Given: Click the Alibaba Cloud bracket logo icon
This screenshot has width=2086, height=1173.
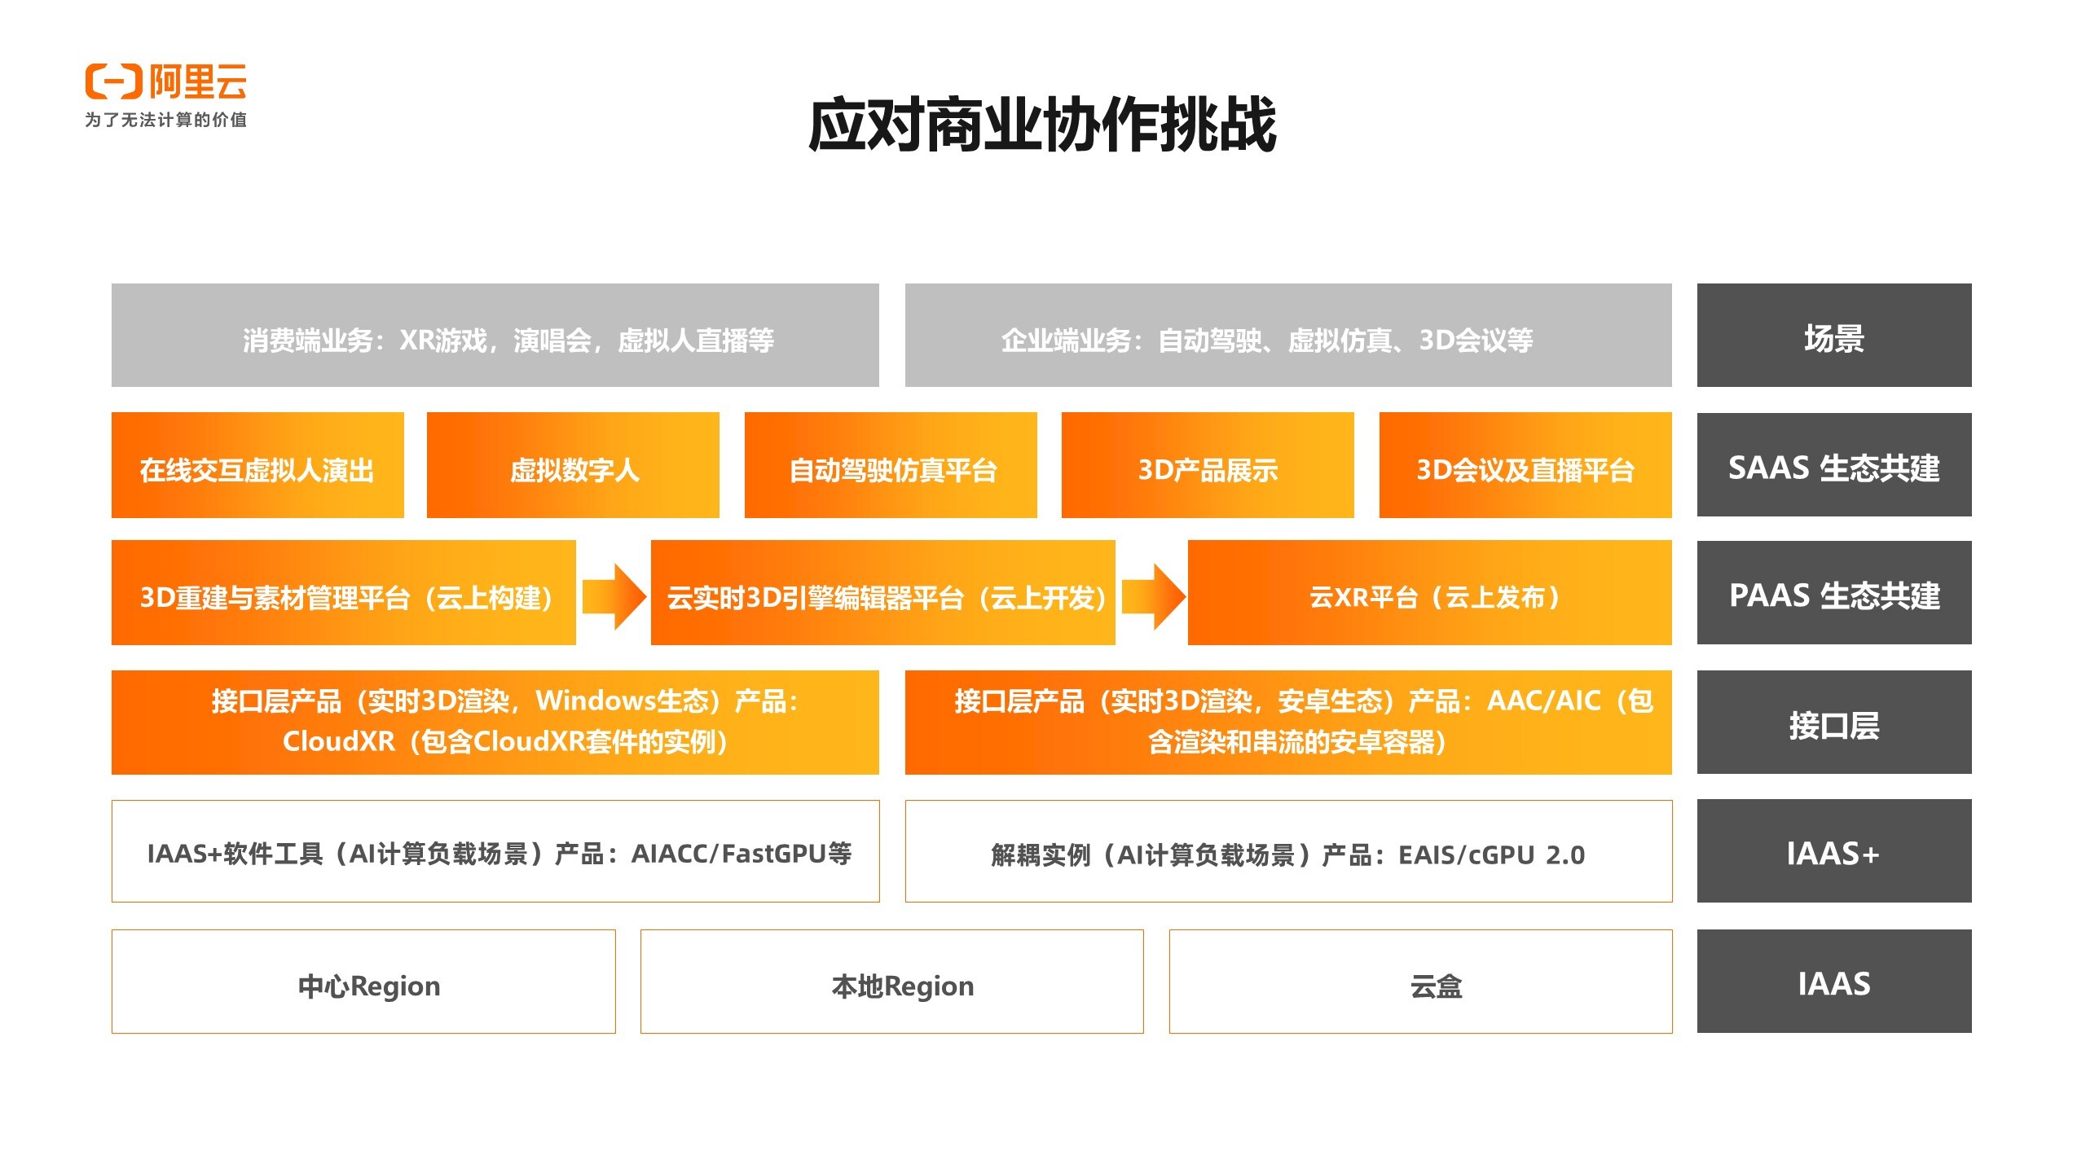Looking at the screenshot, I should point(113,81).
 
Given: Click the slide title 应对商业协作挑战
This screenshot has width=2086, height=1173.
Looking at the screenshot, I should point(1042,125).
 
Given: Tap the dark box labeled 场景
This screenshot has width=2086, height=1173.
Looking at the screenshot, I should point(1833,336).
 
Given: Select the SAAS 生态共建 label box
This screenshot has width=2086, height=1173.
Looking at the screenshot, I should point(1833,465).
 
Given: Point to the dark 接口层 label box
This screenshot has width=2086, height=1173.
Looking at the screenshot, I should point(1833,723).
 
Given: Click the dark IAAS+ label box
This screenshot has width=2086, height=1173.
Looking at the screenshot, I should point(1833,851).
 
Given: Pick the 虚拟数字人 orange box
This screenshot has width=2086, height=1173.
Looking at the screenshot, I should point(573,465).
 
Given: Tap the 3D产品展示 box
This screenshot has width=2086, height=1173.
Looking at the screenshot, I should point(1207,465).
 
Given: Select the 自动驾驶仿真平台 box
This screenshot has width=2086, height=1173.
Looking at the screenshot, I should point(891,465).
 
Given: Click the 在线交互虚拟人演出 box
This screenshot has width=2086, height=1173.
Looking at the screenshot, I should point(257,465).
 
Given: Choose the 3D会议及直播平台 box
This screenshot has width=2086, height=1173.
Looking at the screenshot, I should point(1525,465).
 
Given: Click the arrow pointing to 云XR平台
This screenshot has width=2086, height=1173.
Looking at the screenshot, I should point(1152,595).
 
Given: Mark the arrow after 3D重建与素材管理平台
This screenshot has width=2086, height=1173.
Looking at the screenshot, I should point(614,595).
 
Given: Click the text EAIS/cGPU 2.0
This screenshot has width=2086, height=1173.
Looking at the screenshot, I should point(1491,854).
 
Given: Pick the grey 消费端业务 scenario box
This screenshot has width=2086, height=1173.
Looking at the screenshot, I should point(495,336).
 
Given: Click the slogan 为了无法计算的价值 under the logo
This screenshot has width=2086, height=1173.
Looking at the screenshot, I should point(165,120).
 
